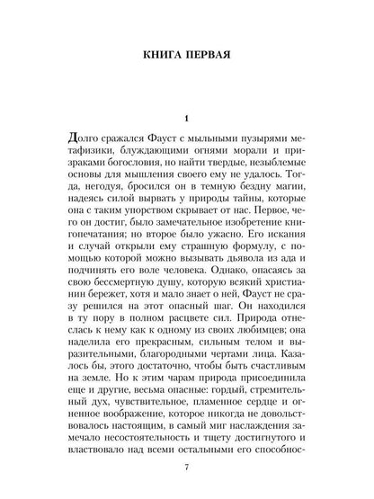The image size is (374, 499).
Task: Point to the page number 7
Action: (x=186, y=468)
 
